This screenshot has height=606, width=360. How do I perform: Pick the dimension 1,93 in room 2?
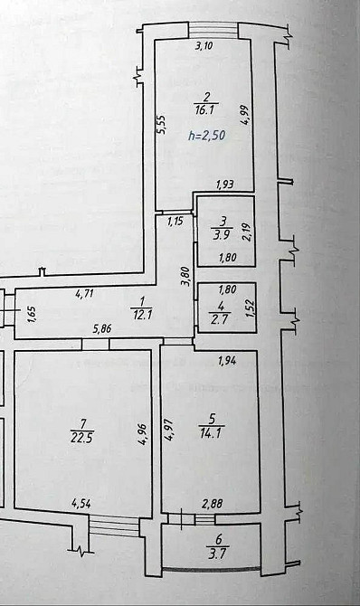click(224, 185)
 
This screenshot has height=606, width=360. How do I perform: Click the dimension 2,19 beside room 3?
click(245, 230)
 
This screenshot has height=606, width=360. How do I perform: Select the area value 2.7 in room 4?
click(220, 317)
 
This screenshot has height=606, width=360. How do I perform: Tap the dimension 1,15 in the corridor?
click(175, 220)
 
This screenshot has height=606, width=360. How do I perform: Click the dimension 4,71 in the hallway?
click(84, 292)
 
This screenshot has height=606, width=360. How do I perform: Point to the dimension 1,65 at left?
click(32, 315)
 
